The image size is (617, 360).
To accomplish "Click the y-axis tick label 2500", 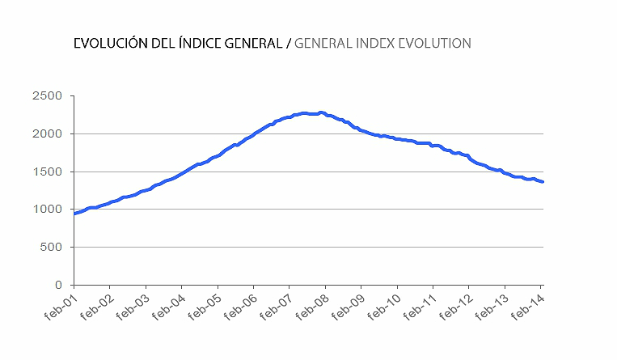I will pos(47,96).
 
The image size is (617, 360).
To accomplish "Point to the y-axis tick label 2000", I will pos(47,133).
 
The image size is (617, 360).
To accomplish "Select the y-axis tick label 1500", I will pos(47,172).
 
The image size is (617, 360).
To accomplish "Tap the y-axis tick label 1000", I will pos(47,210).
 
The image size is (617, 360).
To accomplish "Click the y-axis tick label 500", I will pos(51,248).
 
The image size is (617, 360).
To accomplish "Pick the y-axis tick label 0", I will pos(58,285).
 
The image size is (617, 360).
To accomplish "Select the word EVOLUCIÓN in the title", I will pos(110,43).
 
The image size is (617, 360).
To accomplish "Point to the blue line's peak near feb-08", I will pos(321,112).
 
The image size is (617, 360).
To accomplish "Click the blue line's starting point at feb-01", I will pos(74,214).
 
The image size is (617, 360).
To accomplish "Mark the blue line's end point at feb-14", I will pos(542,181).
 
